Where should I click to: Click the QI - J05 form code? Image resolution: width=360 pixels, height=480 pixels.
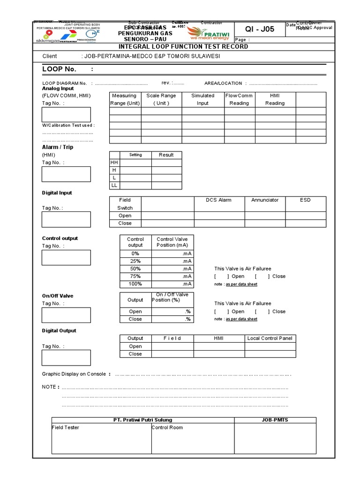click(259, 30)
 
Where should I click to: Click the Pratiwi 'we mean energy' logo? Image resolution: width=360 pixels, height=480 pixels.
click(209, 33)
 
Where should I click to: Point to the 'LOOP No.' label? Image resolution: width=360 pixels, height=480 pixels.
click(59, 69)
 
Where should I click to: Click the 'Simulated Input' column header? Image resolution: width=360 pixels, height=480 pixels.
click(202, 99)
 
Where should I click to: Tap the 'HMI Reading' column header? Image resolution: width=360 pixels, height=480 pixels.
click(275, 99)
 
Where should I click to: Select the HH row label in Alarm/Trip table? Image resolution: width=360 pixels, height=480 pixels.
click(114, 163)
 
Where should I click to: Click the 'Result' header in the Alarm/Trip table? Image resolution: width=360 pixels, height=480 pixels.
click(166, 155)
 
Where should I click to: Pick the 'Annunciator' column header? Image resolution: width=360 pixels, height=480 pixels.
click(265, 200)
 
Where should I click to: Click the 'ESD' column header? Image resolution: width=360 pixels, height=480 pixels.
click(306, 200)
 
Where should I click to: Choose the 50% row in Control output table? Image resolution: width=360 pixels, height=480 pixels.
click(135, 269)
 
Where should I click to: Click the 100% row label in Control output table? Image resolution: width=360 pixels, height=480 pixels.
click(135, 284)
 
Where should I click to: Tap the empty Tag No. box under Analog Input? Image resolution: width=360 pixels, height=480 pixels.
click(66, 114)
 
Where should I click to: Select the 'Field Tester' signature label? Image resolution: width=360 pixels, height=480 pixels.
click(66, 427)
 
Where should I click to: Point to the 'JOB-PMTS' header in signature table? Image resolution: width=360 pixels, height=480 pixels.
click(275, 420)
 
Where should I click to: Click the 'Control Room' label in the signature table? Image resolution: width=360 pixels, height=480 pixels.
click(167, 427)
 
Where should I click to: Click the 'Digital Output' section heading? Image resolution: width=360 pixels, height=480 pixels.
click(59, 331)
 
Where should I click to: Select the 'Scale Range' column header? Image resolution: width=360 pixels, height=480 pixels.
click(161, 99)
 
